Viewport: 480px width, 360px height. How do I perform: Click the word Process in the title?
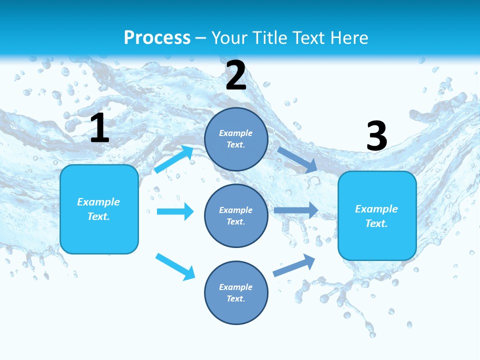click(x=157, y=37)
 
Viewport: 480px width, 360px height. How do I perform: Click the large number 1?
click(x=99, y=128)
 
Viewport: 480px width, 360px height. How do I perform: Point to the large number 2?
click(x=236, y=75)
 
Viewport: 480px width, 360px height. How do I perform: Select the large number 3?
click(x=376, y=136)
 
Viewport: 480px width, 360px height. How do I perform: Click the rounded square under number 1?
click(x=99, y=209)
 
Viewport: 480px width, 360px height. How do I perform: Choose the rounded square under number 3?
click(x=377, y=215)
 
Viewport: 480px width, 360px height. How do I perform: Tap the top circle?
click(x=236, y=139)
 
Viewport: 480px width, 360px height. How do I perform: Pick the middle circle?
click(x=236, y=215)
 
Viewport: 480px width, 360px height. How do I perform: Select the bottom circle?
click(x=236, y=292)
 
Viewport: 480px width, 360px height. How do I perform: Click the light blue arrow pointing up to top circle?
click(x=174, y=159)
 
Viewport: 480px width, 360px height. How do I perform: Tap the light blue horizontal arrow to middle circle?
click(x=175, y=211)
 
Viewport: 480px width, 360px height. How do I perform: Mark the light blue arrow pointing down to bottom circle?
click(x=175, y=266)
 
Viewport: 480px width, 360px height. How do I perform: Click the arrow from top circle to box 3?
click(x=297, y=159)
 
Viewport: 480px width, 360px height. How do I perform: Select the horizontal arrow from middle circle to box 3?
click(x=296, y=210)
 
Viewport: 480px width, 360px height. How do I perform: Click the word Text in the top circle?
click(x=235, y=145)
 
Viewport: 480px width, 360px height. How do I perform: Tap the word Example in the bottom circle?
click(x=236, y=287)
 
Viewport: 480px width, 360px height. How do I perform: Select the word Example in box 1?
click(x=98, y=202)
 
